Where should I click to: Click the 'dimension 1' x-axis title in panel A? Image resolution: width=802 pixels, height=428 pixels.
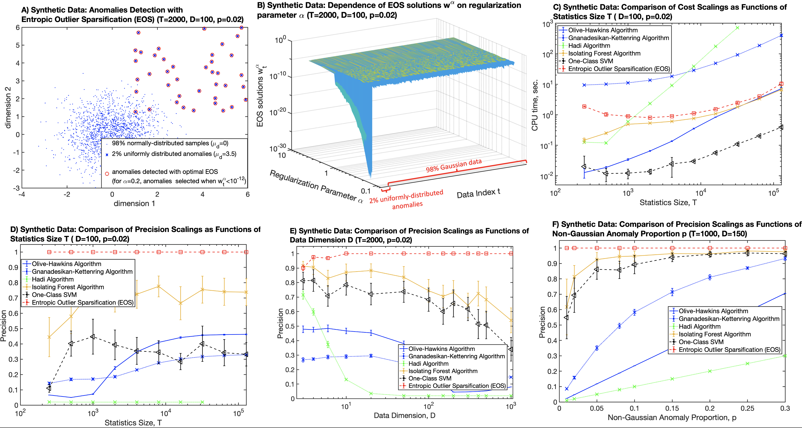coord(134,204)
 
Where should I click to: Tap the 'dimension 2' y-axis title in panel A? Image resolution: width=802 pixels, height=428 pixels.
coord(8,107)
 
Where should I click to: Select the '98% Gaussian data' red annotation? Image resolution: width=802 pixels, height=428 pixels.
coord(454,165)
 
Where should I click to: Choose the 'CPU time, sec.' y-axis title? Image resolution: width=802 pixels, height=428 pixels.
coord(535,105)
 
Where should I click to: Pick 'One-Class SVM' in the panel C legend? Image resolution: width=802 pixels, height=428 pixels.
coord(590,61)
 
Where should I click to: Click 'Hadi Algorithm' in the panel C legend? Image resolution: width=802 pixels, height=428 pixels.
coord(589,45)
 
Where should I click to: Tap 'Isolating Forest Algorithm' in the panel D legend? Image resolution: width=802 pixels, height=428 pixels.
coord(68,287)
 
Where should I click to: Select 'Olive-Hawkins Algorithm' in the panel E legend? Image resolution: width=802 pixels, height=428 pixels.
coord(442,349)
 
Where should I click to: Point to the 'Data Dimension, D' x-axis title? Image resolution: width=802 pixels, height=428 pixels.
coord(404,415)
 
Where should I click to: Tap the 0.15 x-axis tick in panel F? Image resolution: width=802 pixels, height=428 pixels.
coord(672,408)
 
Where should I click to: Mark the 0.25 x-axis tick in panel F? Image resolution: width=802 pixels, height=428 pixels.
coord(747,408)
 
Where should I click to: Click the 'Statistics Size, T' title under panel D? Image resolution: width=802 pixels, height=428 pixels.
coord(133,423)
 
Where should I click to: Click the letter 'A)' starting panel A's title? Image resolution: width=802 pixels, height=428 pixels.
coord(25,10)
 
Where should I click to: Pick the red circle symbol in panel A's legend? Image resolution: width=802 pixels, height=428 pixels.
coord(107,174)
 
